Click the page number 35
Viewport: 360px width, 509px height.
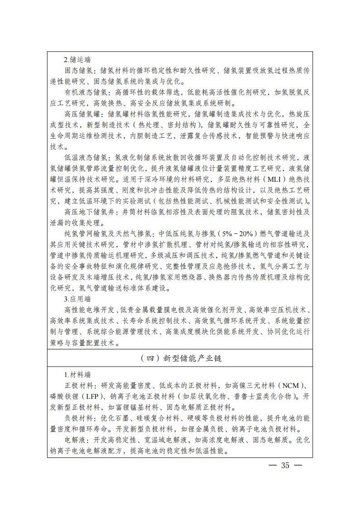(285, 465)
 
